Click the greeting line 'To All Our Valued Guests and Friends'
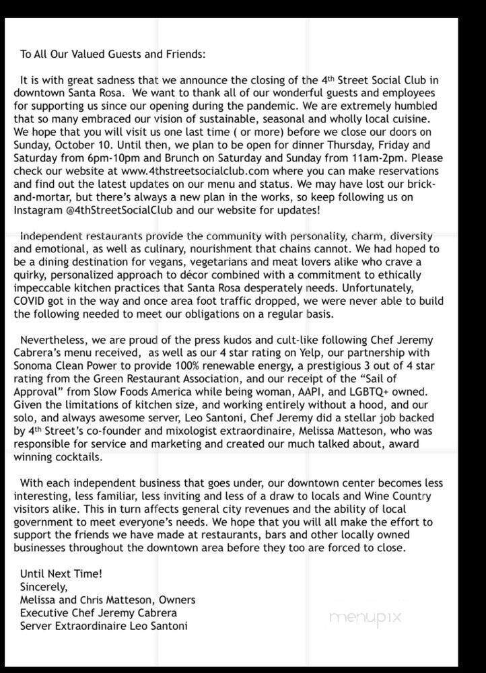[x=113, y=54]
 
